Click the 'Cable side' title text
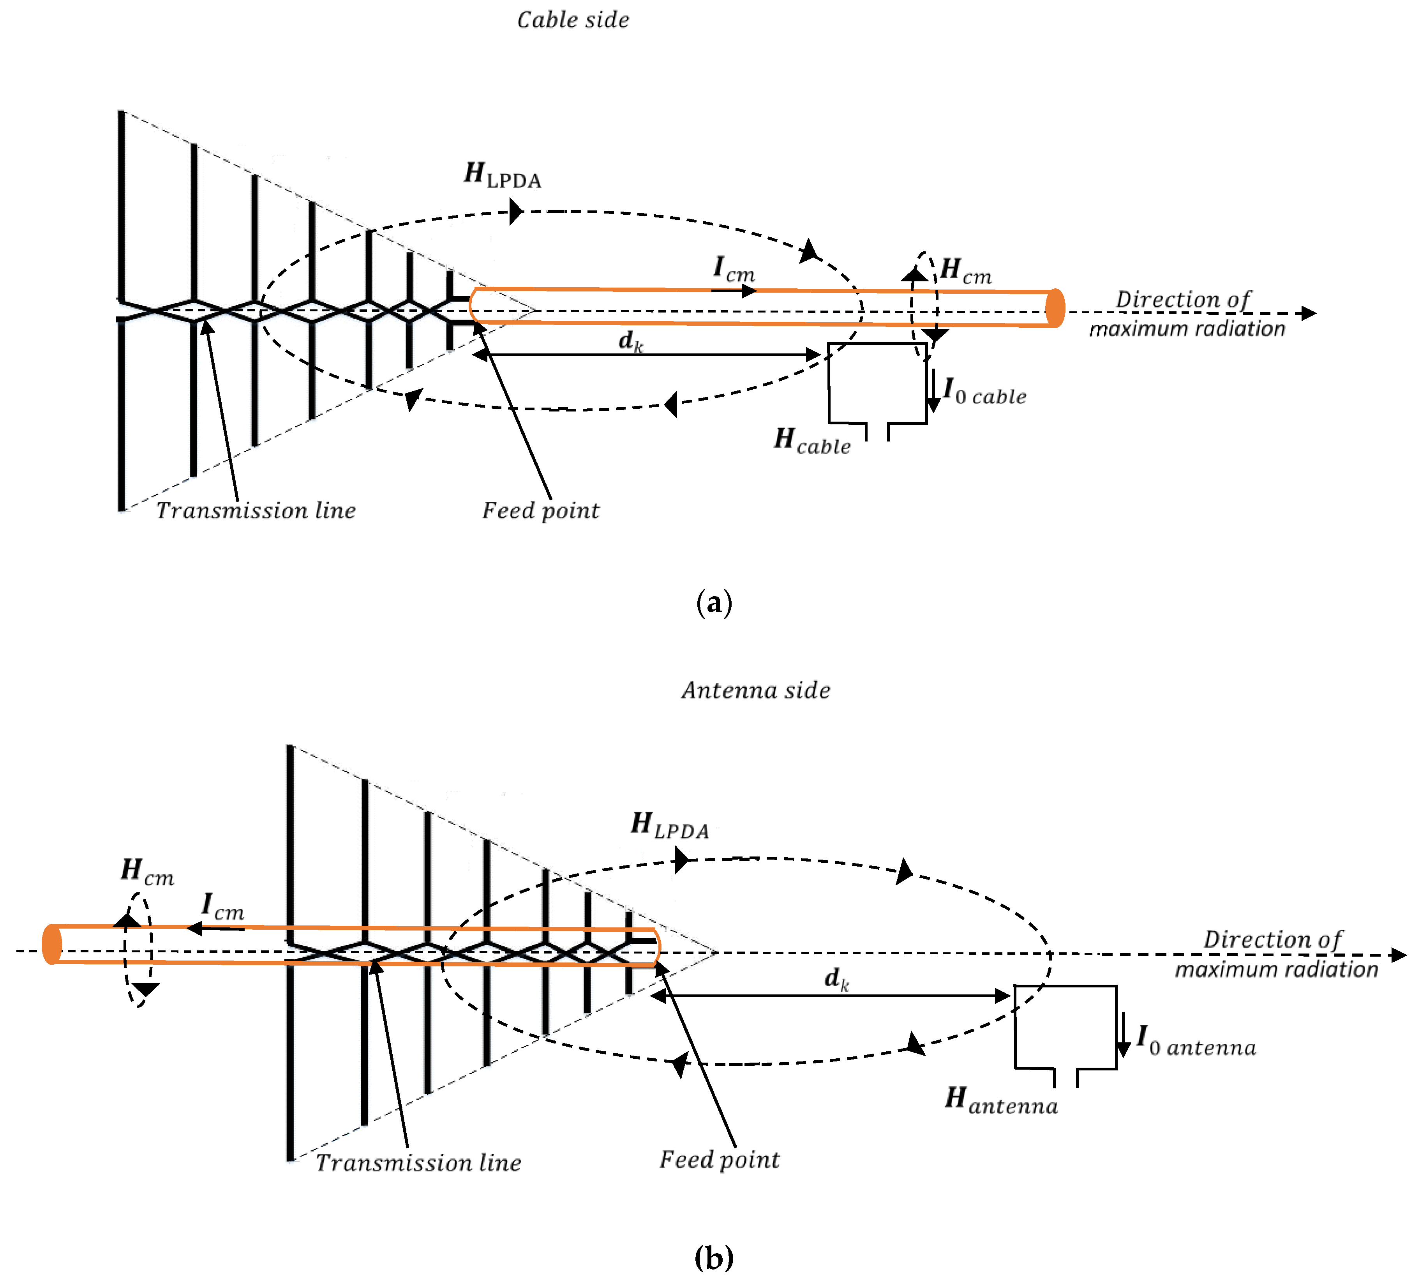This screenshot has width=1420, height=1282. click(x=573, y=20)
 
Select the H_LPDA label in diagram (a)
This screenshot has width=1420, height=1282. click(x=502, y=175)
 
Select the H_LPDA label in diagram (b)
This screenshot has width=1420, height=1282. click(x=669, y=826)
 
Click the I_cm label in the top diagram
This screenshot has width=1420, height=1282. click(x=733, y=270)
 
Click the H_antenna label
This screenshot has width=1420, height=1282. click(x=1001, y=1100)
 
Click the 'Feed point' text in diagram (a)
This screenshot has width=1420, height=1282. click(x=540, y=511)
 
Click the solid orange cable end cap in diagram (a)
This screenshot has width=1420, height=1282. click(x=1055, y=308)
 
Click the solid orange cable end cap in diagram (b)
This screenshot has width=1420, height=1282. click(x=51, y=944)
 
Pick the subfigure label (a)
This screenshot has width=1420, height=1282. click(x=714, y=604)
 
